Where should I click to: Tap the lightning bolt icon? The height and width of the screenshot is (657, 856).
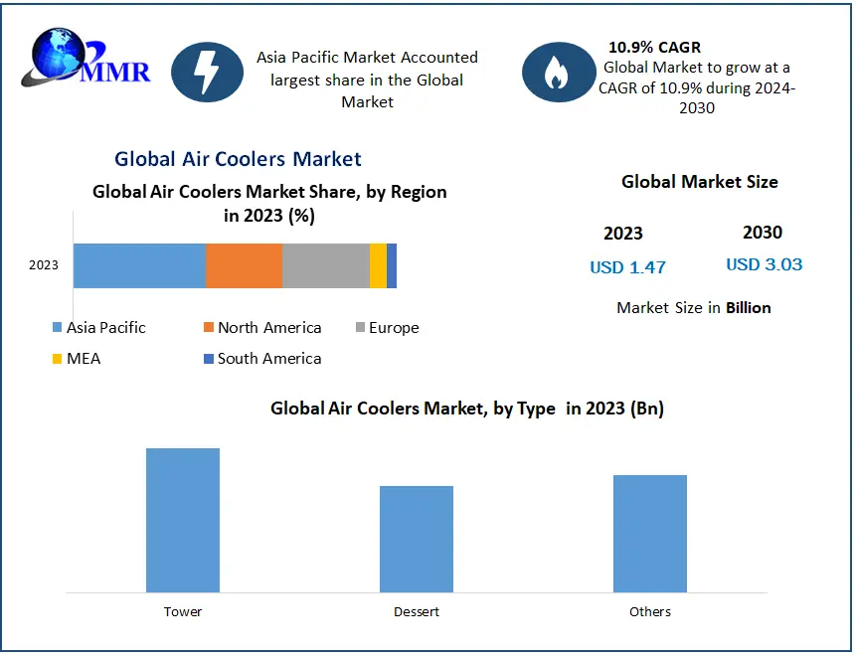coord(207,72)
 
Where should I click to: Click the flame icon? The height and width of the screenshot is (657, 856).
coord(558,72)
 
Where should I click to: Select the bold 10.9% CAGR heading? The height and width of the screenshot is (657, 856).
coord(654,47)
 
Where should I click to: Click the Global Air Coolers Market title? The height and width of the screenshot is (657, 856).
coord(238,159)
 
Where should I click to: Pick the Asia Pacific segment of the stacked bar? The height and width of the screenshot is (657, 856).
coord(139,265)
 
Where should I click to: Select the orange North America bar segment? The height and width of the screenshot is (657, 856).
coord(244,265)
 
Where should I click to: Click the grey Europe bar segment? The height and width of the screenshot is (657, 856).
coord(325,265)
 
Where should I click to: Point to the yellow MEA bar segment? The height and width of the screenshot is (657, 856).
coord(378,265)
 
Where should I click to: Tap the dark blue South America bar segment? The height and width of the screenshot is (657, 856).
coord(392,265)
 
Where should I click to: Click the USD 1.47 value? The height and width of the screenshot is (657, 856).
coord(627,267)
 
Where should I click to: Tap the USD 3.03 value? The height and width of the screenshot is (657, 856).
coord(764,264)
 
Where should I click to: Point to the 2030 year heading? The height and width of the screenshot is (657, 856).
coord(763,233)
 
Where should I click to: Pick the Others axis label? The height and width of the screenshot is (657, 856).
coord(650,612)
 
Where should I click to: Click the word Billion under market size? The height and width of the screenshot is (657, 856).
coord(748,308)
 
